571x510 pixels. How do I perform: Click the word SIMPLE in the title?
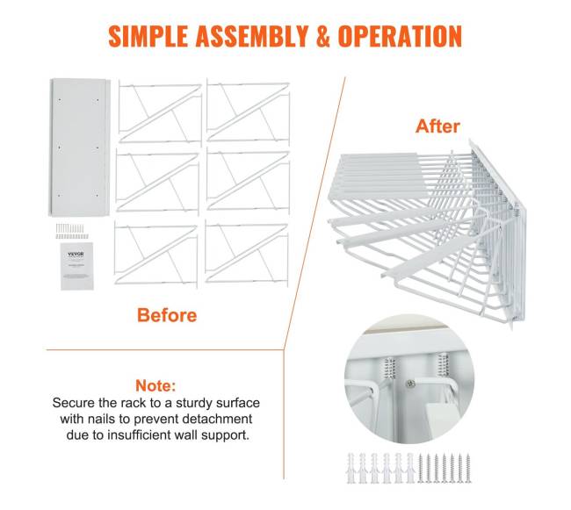tap(148, 36)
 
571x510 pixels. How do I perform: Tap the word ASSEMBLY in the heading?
tap(252, 36)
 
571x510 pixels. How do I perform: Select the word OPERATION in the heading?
tap(400, 36)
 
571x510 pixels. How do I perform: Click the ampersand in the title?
tap(323, 36)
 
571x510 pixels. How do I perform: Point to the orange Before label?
tap(167, 315)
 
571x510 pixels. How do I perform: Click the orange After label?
tap(437, 126)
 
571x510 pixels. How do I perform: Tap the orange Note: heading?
tap(155, 385)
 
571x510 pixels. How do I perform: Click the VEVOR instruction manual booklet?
tap(76, 266)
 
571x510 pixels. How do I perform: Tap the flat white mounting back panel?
tap(79, 147)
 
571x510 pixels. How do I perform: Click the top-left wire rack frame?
tap(160, 113)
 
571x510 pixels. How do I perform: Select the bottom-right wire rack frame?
tap(247, 253)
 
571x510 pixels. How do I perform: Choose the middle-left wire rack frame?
tap(157, 182)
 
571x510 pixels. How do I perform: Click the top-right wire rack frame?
tap(248, 111)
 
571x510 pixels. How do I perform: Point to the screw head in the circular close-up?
tap(411, 383)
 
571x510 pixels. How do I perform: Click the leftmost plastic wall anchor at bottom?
tap(351, 468)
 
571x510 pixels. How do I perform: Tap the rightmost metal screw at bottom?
tap(468, 468)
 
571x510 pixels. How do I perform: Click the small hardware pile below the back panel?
tap(72, 232)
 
